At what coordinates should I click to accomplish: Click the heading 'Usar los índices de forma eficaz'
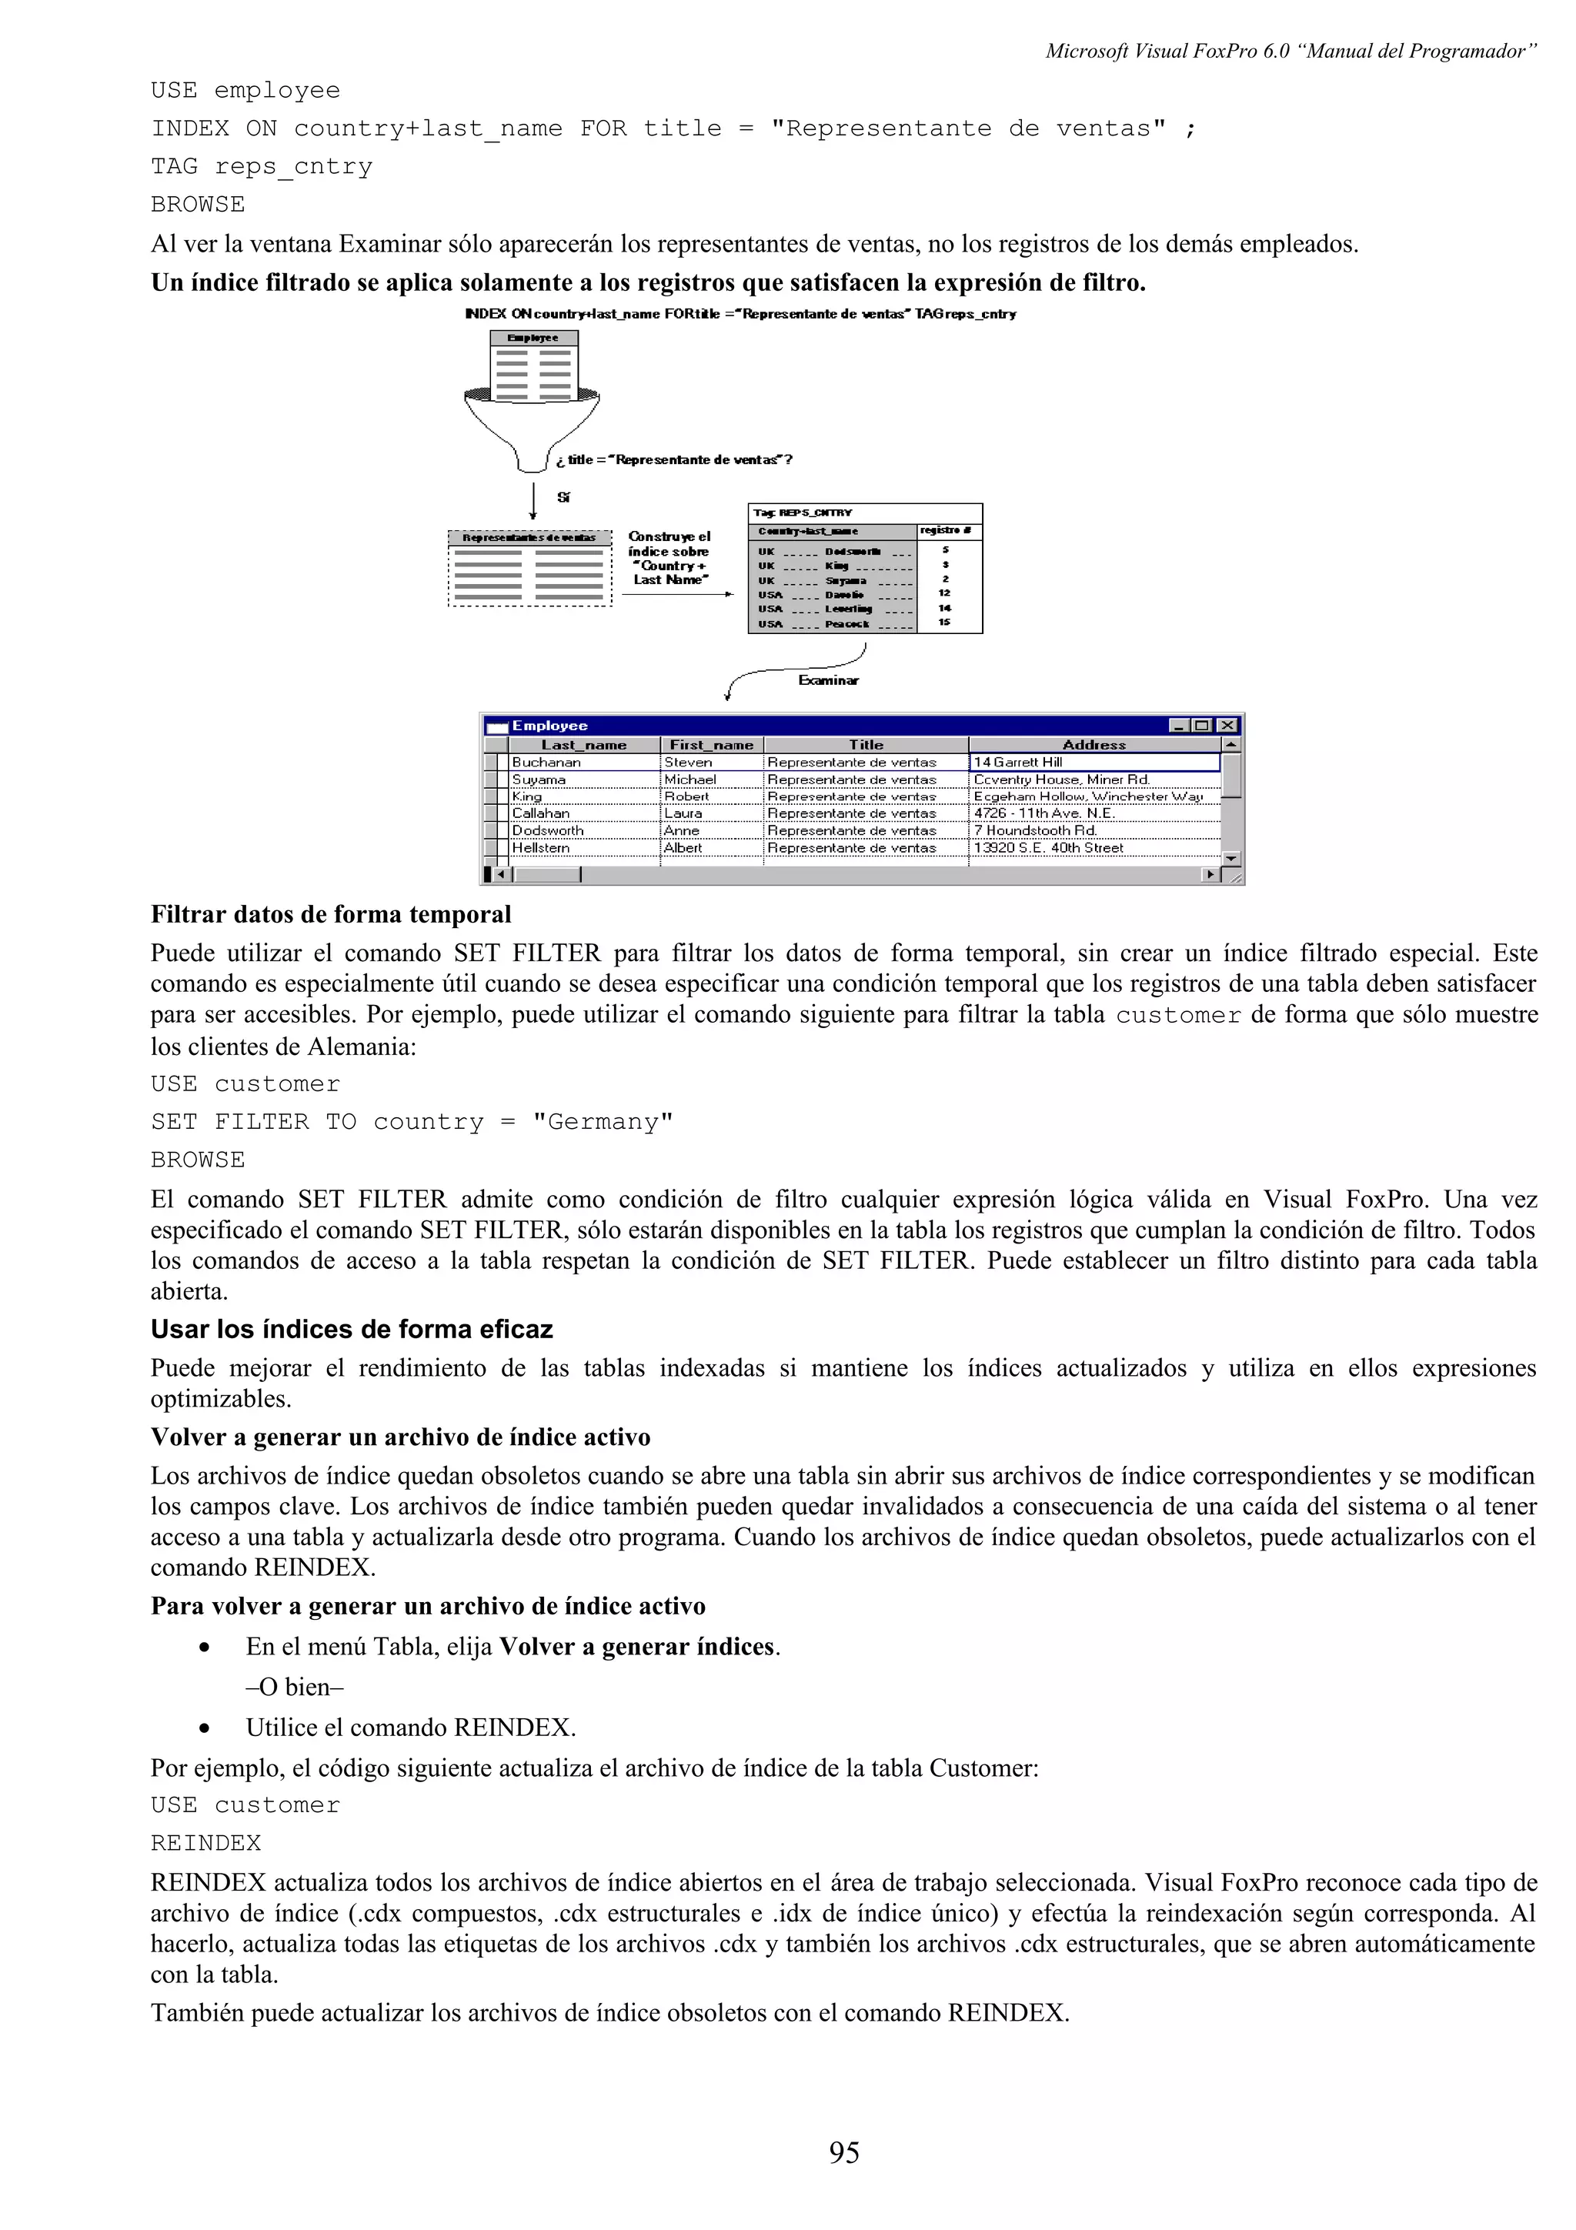click(x=352, y=1329)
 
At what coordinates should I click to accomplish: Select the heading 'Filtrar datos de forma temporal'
click(x=330, y=914)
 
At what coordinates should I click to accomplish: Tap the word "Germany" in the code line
click(x=602, y=1122)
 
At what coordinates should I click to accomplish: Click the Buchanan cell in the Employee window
click(x=546, y=763)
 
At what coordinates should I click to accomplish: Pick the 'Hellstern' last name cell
click(x=541, y=848)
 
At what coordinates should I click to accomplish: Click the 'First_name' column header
click(x=711, y=745)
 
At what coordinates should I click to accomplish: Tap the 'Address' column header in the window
click(x=1094, y=745)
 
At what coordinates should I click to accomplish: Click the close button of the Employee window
click(x=1227, y=726)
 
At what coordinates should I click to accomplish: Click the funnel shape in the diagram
click(x=532, y=427)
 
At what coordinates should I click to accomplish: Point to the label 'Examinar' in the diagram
click(x=828, y=680)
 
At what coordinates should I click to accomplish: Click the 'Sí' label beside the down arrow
click(x=563, y=497)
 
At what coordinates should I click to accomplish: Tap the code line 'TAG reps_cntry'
click(x=261, y=166)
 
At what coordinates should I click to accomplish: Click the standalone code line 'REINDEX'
click(x=206, y=1842)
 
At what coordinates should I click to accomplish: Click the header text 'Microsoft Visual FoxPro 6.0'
click(x=1167, y=52)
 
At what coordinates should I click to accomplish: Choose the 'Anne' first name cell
click(x=682, y=830)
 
